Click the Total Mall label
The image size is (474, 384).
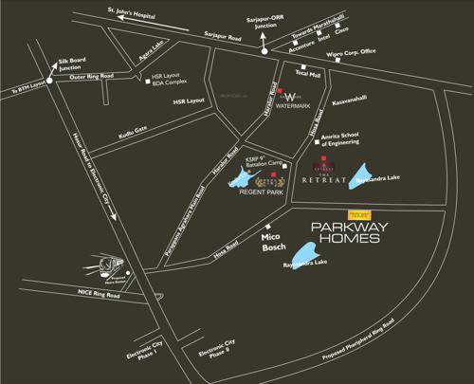click(x=309, y=73)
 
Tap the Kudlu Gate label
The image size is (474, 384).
click(x=133, y=132)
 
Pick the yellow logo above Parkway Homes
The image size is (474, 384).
click(x=360, y=213)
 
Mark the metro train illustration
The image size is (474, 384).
click(x=114, y=263)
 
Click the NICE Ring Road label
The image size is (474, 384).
click(x=100, y=295)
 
